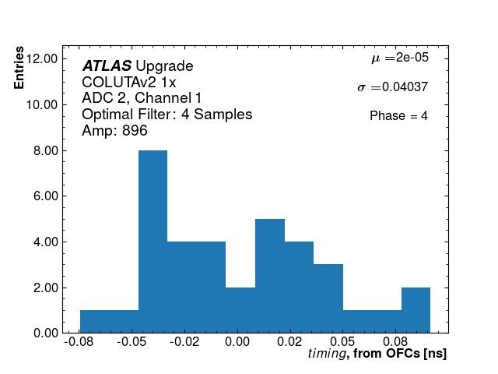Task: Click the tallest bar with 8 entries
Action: [x=153, y=242]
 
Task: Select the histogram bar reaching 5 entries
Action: [x=269, y=276]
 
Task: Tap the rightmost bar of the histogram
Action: [x=416, y=310]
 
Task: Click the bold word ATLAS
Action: [x=107, y=66]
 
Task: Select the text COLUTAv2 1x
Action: [x=128, y=83]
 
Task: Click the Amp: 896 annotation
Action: [x=114, y=131]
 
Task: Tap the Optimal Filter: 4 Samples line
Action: [x=167, y=115]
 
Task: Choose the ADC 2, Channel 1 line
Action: [x=142, y=98]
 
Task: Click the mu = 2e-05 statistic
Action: [x=399, y=58]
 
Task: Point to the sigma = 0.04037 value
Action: [x=392, y=87]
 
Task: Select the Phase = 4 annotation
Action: [x=398, y=116]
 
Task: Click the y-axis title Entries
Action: [x=19, y=69]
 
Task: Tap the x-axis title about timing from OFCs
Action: [x=377, y=354]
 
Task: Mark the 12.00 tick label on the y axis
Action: [x=44, y=58]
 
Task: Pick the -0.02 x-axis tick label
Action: [x=182, y=342]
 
